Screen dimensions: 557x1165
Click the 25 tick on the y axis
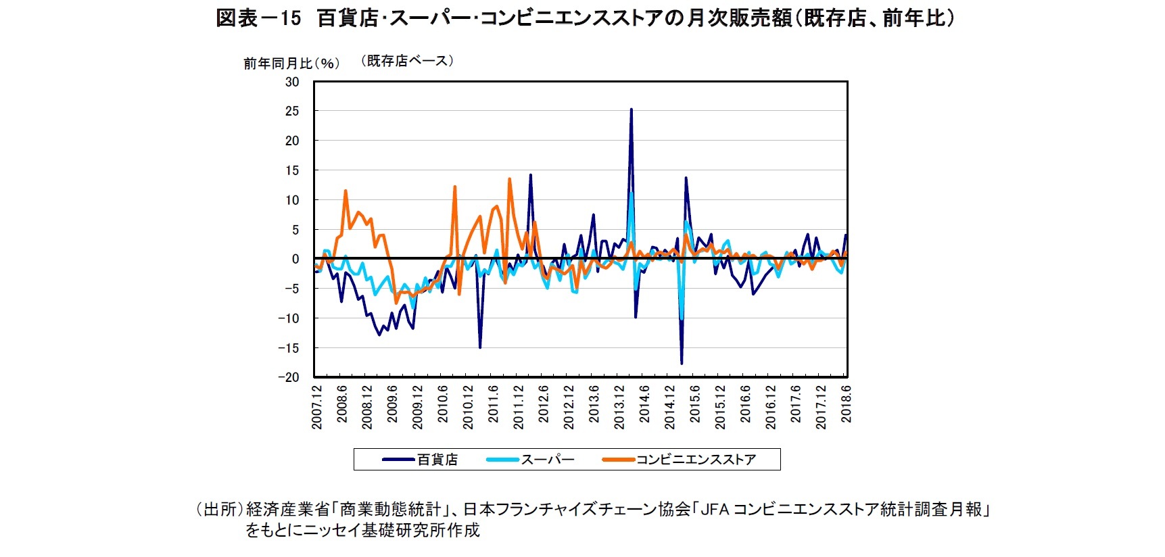291,111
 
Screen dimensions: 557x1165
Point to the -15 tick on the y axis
289,348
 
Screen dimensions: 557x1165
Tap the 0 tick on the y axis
295,259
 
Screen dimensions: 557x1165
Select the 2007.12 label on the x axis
317,408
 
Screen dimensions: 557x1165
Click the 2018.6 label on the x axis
846,404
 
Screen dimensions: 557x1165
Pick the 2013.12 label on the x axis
619,408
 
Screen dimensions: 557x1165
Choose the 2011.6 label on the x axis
494,404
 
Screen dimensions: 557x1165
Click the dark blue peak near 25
631,110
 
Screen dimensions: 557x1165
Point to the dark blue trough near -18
682,363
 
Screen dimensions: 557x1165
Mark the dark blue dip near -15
480,347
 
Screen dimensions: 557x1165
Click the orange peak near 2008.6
346,191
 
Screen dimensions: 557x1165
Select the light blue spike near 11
632,193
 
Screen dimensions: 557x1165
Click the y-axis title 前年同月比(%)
291,64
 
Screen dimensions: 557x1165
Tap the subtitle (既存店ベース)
406,61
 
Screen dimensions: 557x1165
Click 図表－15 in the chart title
258,18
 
